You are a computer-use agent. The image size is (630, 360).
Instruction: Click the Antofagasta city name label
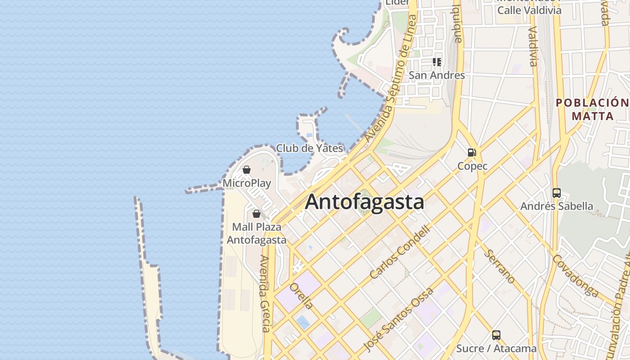coord(364,202)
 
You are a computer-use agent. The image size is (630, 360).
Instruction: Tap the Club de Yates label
coord(310,148)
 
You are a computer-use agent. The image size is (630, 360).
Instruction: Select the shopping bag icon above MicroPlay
coord(247,170)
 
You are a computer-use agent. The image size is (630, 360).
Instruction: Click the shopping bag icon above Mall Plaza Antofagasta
coord(256,214)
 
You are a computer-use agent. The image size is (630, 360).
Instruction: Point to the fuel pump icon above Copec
coord(472,153)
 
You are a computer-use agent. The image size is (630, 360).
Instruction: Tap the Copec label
coord(472,166)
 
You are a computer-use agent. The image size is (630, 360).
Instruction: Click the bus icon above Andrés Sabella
coord(557,193)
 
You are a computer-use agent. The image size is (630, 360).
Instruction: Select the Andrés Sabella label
coord(557,206)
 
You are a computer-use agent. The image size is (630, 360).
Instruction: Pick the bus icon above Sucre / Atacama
coord(496,335)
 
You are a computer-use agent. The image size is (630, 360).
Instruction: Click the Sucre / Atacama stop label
coord(496,348)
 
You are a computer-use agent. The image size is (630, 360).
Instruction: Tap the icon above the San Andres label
coord(436,62)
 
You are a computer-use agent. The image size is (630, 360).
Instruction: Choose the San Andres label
coord(436,75)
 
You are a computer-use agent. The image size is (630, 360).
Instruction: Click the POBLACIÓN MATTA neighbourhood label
coord(592,109)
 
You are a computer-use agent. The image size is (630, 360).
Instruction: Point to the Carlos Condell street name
coord(400,252)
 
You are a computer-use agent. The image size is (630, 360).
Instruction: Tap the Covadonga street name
coord(576,276)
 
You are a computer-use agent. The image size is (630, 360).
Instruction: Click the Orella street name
coord(301,296)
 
